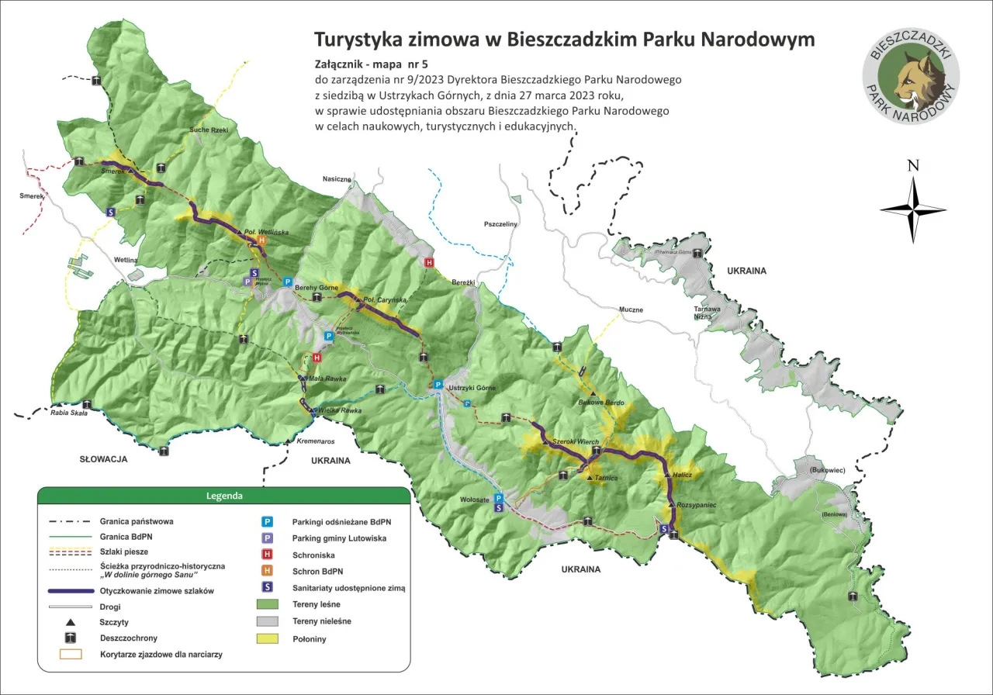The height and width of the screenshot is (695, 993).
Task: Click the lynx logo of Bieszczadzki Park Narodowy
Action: coord(911,75)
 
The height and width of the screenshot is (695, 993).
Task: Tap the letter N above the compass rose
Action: coord(913,165)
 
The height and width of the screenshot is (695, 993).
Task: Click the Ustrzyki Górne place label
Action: coord(470,387)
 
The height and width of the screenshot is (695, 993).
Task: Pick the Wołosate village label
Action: coord(474,500)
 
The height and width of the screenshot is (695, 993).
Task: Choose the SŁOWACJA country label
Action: coord(103,459)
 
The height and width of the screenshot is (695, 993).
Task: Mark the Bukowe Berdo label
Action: coord(601,403)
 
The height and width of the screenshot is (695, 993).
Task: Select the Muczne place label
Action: coord(631,309)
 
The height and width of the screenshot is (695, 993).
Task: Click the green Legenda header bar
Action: coord(223,495)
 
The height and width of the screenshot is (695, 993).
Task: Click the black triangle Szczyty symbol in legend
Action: coord(70,622)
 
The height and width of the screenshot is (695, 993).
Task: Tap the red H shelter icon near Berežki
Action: coord(428,263)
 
